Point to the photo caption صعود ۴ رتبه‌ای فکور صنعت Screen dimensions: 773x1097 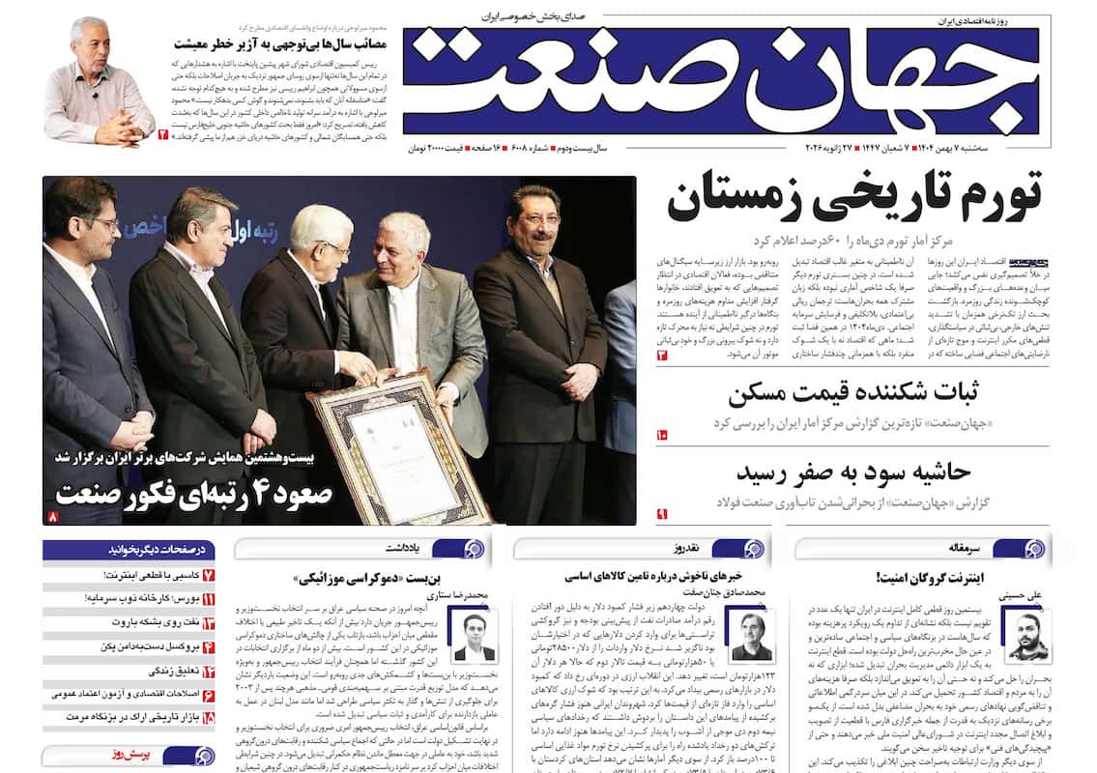pos(194,494)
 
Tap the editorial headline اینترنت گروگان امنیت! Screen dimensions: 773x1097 pos(927,578)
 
